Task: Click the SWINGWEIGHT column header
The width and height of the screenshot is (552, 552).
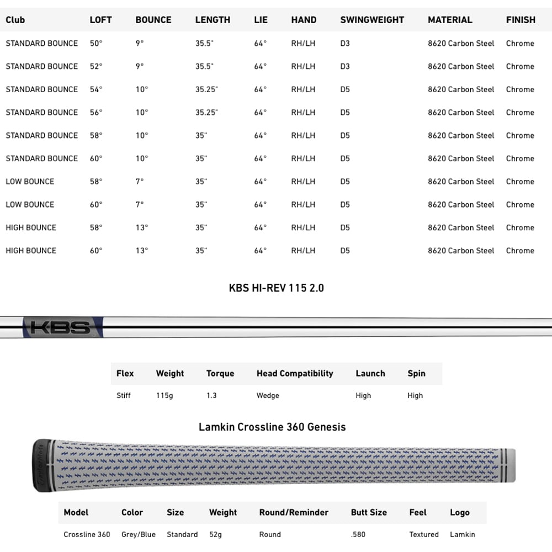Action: [x=372, y=20]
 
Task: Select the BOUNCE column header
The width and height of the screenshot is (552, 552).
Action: [x=153, y=20]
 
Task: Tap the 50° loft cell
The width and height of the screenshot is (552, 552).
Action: [x=96, y=43]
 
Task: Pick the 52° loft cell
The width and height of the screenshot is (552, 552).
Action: [x=96, y=66]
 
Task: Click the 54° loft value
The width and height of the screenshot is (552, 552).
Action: [x=96, y=89]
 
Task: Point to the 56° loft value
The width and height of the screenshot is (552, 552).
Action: [x=96, y=113]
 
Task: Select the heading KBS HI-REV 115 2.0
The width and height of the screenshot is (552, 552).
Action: [x=276, y=288]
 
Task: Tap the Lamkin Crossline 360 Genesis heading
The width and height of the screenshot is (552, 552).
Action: [x=272, y=427]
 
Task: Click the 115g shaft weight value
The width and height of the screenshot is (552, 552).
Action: [x=164, y=396]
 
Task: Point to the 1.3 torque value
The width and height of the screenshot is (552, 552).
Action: [x=211, y=396]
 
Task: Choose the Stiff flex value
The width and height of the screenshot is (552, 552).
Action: [x=124, y=396]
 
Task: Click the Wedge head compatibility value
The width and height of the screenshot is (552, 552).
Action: [x=268, y=396]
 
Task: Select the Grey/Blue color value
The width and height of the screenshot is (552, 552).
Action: [x=139, y=534]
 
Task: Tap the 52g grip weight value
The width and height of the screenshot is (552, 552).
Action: [x=216, y=534]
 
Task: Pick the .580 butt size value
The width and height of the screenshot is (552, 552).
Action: [x=358, y=534]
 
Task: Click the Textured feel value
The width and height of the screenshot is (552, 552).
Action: [x=424, y=534]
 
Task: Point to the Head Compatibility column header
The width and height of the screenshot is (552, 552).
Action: [x=295, y=374]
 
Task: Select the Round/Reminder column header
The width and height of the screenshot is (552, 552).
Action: [x=294, y=513]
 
